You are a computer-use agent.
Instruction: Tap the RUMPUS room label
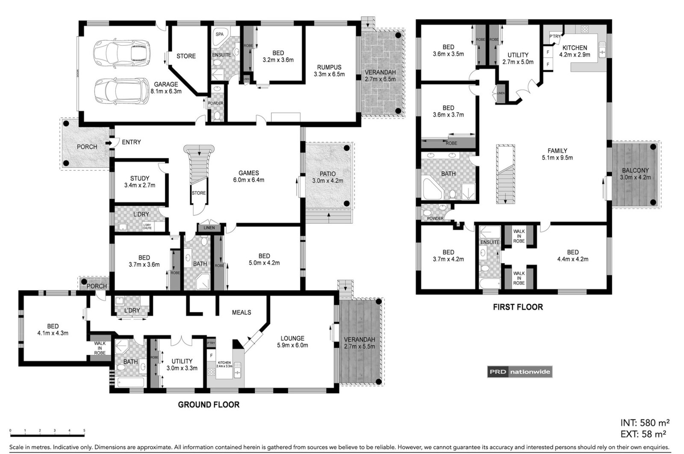[329, 67]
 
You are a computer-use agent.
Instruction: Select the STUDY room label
[139, 178]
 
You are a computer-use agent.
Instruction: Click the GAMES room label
[248, 173]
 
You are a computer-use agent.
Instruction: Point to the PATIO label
[327, 174]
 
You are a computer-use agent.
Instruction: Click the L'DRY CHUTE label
[147, 226]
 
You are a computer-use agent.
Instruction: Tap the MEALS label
[241, 312]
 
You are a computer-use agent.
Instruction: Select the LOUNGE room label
[292, 338]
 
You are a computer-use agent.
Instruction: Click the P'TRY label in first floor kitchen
[554, 36]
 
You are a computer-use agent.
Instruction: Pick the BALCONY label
[635, 170]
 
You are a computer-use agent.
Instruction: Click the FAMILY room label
[557, 151]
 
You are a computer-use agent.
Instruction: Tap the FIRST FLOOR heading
[517, 307]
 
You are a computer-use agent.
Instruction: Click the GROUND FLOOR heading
[209, 404]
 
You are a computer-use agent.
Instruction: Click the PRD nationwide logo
[519, 372]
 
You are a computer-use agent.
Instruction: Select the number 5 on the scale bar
[84, 431]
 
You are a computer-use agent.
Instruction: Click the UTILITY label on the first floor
[518, 55]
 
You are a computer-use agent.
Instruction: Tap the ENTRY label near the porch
[131, 142]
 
